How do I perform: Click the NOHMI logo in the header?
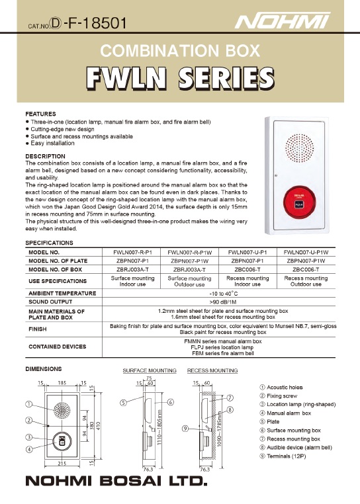(283, 21)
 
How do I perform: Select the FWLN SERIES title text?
(180, 78)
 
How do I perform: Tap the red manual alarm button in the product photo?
(298, 203)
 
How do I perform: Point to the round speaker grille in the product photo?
(300, 149)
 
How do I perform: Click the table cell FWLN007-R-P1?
(132, 252)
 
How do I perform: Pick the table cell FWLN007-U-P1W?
(306, 252)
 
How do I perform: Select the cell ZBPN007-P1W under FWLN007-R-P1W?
(189, 261)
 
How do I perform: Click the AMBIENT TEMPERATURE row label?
(62, 293)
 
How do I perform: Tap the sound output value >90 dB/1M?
(222, 302)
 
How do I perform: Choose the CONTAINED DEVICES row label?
(58, 347)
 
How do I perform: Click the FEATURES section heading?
(40, 114)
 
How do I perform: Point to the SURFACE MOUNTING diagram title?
(150, 370)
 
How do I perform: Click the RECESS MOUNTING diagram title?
(212, 370)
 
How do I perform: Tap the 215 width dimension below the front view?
(62, 463)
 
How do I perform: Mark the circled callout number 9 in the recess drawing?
(185, 428)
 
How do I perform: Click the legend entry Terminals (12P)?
(283, 456)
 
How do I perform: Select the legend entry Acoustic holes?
(281, 388)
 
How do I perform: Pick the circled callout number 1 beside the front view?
(29, 404)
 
